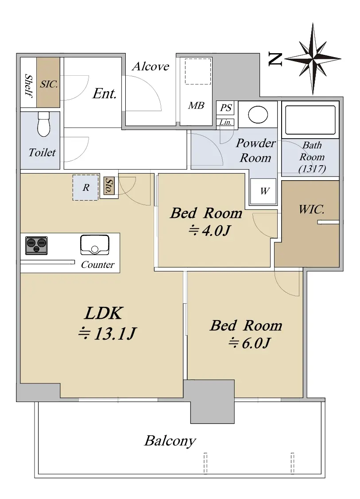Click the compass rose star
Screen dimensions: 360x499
(x=313, y=59)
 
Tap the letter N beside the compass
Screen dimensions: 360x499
(x=275, y=59)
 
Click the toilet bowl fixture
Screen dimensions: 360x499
(x=44, y=124)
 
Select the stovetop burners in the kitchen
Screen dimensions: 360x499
(x=36, y=245)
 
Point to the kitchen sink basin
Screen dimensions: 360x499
(x=94, y=245)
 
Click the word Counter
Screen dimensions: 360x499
(x=97, y=264)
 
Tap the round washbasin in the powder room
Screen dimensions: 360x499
(x=258, y=115)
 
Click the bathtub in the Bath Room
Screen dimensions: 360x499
(x=310, y=120)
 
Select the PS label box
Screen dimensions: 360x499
(x=226, y=108)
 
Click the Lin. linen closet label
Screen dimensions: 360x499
(x=226, y=122)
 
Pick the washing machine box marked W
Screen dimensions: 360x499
(x=263, y=191)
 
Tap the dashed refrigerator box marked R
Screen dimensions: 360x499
(x=85, y=187)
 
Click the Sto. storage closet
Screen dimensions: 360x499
(x=109, y=186)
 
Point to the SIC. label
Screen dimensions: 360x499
(x=49, y=84)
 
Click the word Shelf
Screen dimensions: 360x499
(x=29, y=86)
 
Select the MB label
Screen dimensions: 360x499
(x=196, y=105)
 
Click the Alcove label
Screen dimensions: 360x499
(x=151, y=66)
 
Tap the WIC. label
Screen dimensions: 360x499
(x=312, y=209)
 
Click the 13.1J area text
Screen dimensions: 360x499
(x=107, y=333)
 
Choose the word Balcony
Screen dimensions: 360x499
(x=170, y=441)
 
